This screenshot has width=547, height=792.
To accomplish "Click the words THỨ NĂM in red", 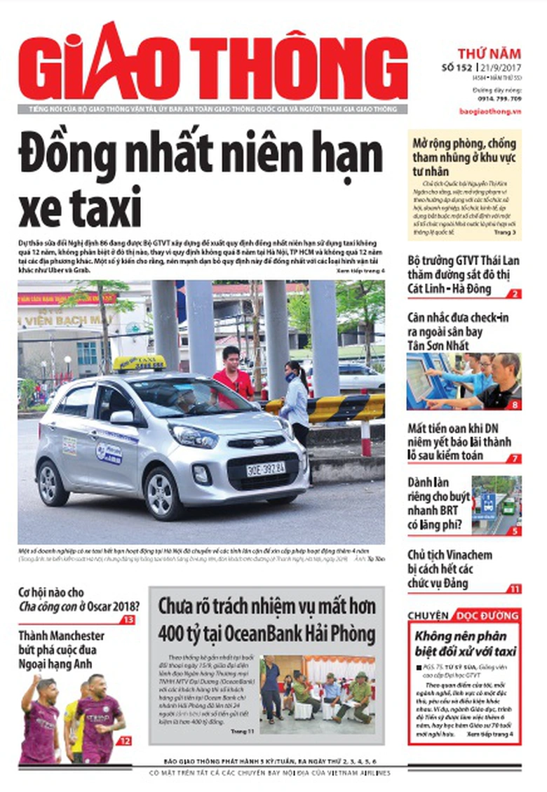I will point(489,53).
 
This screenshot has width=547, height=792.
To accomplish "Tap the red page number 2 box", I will point(515,294).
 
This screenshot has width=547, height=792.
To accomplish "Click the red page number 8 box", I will point(515,404).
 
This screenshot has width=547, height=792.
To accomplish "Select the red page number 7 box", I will point(515,458).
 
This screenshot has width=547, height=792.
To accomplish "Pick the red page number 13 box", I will point(128,620).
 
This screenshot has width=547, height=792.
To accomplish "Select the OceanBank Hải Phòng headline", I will point(266,620).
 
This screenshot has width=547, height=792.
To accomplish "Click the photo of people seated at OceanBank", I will point(317,690).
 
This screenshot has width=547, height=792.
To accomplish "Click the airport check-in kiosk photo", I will point(464,382).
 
